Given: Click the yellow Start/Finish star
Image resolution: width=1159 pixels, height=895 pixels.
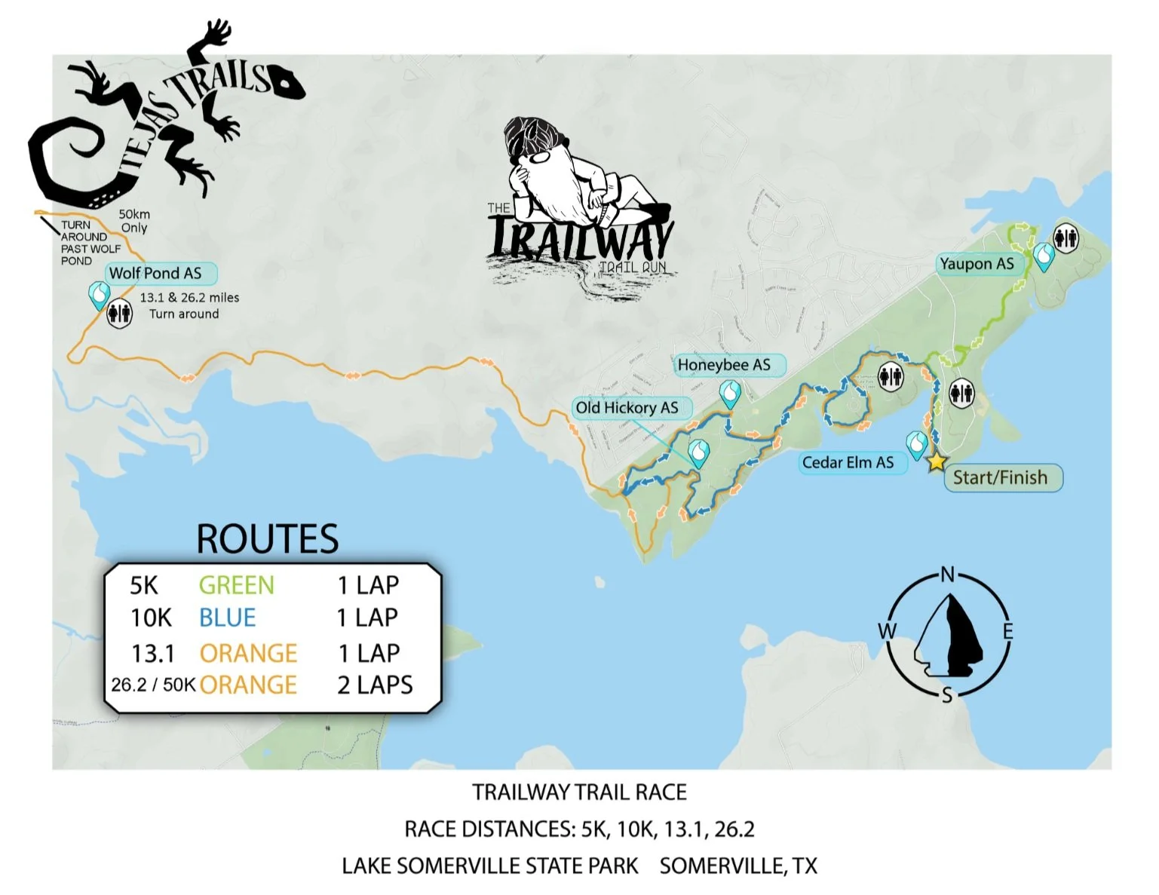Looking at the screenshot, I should [x=936, y=461].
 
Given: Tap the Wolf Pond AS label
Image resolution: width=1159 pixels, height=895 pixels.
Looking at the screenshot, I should [x=156, y=273].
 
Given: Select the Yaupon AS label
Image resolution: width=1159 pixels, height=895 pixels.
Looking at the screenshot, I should [x=977, y=264].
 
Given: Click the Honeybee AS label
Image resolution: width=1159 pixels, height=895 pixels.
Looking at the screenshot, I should [x=725, y=365].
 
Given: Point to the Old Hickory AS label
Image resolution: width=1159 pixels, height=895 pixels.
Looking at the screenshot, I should [x=627, y=408].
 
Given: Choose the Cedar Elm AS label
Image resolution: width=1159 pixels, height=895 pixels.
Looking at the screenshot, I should [x=848, y=462].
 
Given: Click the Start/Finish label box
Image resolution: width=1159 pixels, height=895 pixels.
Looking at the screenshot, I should [x=1001, y=477].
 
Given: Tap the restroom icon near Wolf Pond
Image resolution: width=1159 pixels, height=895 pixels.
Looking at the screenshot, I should [x=120, y=313].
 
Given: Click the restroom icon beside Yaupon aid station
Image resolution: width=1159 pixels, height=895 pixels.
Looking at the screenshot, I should [x=1066, y=238].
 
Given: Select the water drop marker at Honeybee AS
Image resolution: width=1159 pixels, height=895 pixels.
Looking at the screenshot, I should [x=730, y=393].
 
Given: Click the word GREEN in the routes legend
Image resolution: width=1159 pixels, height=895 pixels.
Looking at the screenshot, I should [x=237, y=585].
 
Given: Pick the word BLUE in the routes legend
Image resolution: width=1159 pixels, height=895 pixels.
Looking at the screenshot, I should [x=228, y=618].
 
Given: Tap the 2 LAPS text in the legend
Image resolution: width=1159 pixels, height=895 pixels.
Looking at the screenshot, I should [x=375, y=685].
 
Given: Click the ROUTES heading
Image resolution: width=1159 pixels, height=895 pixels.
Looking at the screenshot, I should [x=268, y=539].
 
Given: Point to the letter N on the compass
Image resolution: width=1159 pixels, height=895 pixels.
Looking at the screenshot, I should [x=948, y=575].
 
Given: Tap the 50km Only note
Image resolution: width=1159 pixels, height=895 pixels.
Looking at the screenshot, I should [x=134, y=221].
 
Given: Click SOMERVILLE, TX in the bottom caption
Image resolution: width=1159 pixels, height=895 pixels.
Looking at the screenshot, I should [x=738, y=866].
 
